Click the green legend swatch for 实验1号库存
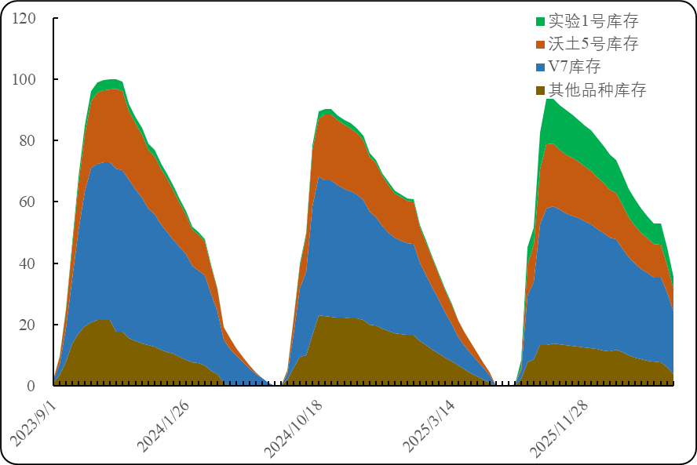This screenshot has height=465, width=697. [x=540, y=21]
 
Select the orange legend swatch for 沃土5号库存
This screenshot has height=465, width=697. [x=540, y=44]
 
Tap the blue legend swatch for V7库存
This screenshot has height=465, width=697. [x=540, y=67]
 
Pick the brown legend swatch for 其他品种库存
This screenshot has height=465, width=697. [x=540, y=90]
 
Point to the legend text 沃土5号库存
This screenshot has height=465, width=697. [x=593, y=44]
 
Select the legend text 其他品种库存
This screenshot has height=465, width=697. [x=597, y=90]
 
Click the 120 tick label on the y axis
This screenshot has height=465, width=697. [x=24, y=18]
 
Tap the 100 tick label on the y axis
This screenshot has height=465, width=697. [x=24, y=79]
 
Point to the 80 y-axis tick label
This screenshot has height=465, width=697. [x=28, y=140]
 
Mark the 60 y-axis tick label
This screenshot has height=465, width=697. [x=28, y=202]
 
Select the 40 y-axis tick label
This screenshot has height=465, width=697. [x=28, y=263]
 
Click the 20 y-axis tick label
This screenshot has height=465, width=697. [x=28, y=325]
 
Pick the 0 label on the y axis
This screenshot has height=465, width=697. [x=31, y=386]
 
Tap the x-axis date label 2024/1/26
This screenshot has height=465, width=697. [x=163, y=426]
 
